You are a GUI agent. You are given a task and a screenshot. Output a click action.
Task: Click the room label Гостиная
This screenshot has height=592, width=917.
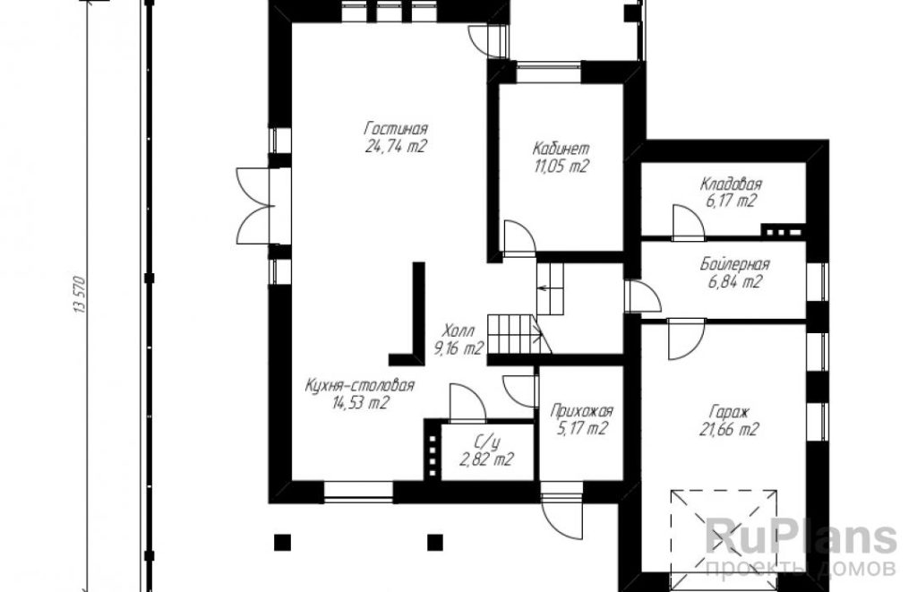pyautogui.click(x=396, y=128)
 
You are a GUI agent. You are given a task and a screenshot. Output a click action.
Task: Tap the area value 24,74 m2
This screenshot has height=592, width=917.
pyautogui.click(x=396, y=146)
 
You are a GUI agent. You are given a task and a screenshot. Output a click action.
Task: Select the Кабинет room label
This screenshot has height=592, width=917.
pyautogui.click(x=561, y=148)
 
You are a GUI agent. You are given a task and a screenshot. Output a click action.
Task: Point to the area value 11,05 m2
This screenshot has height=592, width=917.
pyautogui.click(x=561, y=166)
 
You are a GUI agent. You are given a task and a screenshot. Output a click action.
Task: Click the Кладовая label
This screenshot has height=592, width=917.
pyautogui.click(x=731, y=184)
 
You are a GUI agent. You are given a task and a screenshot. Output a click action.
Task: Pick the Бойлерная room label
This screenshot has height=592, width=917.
pyautogui.click(x=734, y=264)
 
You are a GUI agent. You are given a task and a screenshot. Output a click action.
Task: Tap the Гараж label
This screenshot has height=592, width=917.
pyautogui.click(x=730, y=412)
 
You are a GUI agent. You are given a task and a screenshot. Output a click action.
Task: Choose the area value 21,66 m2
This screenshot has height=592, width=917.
pyautogui.click(x=729, y=430)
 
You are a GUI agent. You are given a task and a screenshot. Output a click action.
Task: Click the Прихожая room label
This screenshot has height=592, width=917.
pyautogui.click(x=581, y=411)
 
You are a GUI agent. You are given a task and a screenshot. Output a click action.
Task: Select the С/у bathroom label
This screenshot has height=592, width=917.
pyautogui.click(x=488, y=442)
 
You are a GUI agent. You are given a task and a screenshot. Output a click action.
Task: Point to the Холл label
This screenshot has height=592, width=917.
pyautogui.click(x=458, y=331)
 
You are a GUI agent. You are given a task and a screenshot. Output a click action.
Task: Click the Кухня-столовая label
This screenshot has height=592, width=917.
pyautogui.click(x=360, y=385)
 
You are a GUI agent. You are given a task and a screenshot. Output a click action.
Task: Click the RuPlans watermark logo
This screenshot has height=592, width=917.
pyautogui.click(x=801, y=538)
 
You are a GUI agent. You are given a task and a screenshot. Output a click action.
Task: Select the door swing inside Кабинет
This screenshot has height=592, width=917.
pyautogui.click(x=519, y=238)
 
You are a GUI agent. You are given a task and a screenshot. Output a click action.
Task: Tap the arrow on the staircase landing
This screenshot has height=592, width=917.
pyautogui.click(x=542, y=287)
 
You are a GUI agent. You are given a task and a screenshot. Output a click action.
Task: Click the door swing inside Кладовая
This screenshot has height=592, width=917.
pyautogui.click(x=688, y=222)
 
